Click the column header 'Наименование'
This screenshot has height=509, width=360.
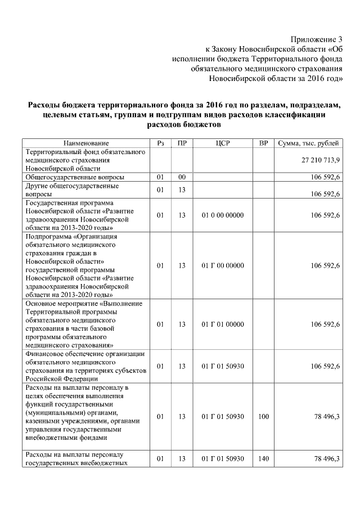pos(86,143)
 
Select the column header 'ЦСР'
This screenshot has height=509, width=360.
pos(222,143)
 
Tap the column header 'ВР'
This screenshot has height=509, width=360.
pos(263,143)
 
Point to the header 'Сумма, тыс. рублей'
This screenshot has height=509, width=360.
pos(309,143)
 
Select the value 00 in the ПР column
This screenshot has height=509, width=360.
pos(182,177)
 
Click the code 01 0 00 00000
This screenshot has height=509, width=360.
pos(222,215)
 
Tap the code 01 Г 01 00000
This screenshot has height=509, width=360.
pos(222,325)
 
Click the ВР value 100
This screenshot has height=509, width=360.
pos(263,416)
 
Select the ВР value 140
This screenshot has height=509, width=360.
pos(263,459)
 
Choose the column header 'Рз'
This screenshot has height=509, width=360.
pos(160,143)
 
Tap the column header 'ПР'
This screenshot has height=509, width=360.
pos(182,143)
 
